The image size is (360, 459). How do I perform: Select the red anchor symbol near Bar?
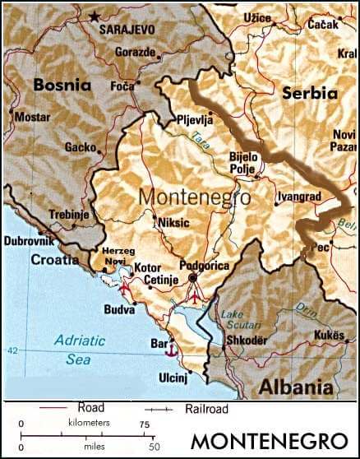coord(171,350)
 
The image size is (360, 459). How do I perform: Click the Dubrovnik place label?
coord(30,241)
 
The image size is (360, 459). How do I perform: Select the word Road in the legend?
coord(90,407)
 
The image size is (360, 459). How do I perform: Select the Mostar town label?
coord(32,117)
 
